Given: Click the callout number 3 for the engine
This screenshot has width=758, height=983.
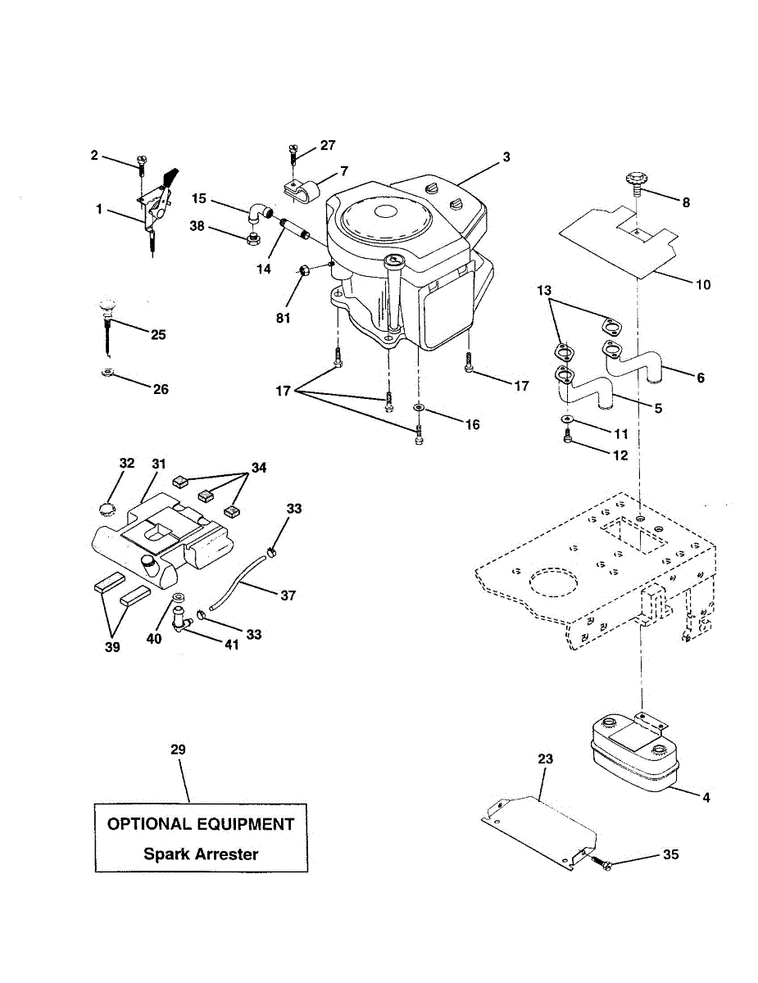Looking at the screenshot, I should [506, 156].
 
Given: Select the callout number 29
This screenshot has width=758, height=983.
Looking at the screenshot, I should [179, 750].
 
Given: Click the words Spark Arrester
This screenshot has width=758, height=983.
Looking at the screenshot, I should [201, 854].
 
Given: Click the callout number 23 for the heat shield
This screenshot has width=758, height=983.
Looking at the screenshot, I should [545, 759].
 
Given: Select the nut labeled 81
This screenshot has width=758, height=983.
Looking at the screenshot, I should [303, 270].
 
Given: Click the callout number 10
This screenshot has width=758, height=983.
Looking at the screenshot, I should [703, 285].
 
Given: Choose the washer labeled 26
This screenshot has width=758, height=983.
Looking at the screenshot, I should [107, 374].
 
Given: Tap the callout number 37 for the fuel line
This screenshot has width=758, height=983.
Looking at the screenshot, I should [288, 596].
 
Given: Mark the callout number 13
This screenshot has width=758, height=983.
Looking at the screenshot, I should [545, 290].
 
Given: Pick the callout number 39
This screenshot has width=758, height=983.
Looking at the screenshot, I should [111, 646].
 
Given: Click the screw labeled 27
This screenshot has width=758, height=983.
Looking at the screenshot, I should [293, 153].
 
